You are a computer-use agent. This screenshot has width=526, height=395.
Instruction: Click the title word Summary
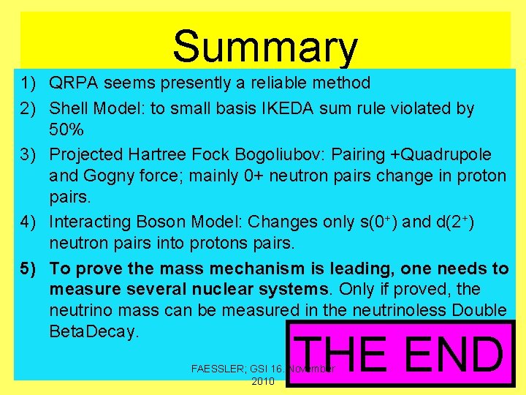pyautogui.click(x=265, y=47)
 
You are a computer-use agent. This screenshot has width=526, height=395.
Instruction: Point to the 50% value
pyautogui.click(x=66, y=130)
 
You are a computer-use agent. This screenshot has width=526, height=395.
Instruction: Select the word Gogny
pyautogui.click(x=104, y=176)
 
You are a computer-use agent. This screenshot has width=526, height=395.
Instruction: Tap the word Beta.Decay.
pyautogui.click(x=94, y=331)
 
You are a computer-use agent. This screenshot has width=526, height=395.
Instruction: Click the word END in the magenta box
pyautogui.click(x=453, y=355)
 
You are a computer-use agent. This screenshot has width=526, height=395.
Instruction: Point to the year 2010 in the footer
pyautogui.click(x=262, y=381)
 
